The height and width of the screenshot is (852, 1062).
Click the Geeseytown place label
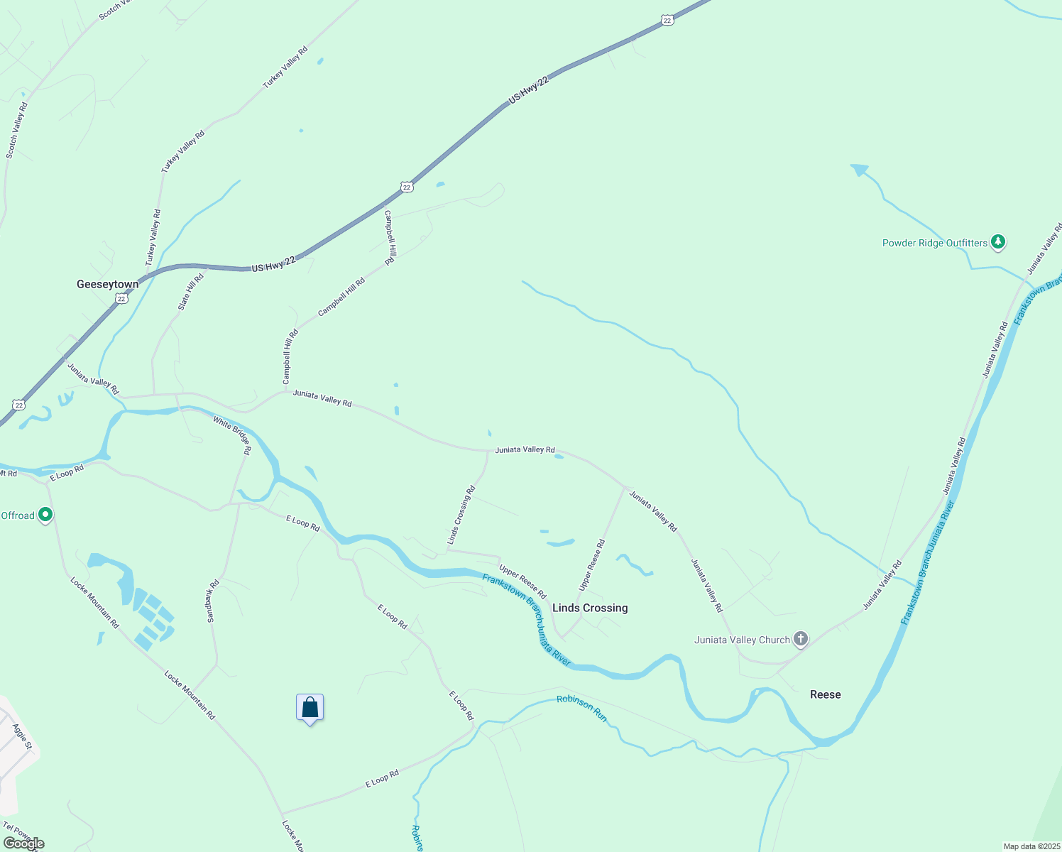pos(108,284)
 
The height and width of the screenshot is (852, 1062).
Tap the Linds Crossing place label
pos(590,608)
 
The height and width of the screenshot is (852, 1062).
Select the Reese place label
pos(825,694)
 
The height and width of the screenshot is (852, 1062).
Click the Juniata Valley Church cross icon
pos(801,639)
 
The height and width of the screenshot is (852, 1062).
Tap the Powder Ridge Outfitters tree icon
pos(998,242)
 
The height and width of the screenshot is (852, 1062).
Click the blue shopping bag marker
pos(310,708)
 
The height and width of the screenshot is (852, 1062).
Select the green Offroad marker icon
pos(45,514)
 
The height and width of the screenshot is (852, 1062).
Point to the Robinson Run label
pos(582,708)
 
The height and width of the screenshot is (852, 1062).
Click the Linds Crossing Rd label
pos(461,515)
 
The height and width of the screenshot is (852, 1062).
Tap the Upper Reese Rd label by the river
pos(522,581)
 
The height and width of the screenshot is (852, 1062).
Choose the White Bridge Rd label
pos(232,435)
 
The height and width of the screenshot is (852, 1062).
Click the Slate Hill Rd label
pos(190,292)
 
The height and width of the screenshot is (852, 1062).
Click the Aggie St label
pos(22,736)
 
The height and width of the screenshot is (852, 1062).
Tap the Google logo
pos(23,843)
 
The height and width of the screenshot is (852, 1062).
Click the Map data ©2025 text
pos(1031,846)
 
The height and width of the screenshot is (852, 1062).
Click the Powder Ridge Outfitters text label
pos(934,243)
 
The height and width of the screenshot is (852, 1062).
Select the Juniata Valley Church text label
pos(742,640)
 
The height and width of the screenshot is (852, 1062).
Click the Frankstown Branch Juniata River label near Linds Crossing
pos(526,619)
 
